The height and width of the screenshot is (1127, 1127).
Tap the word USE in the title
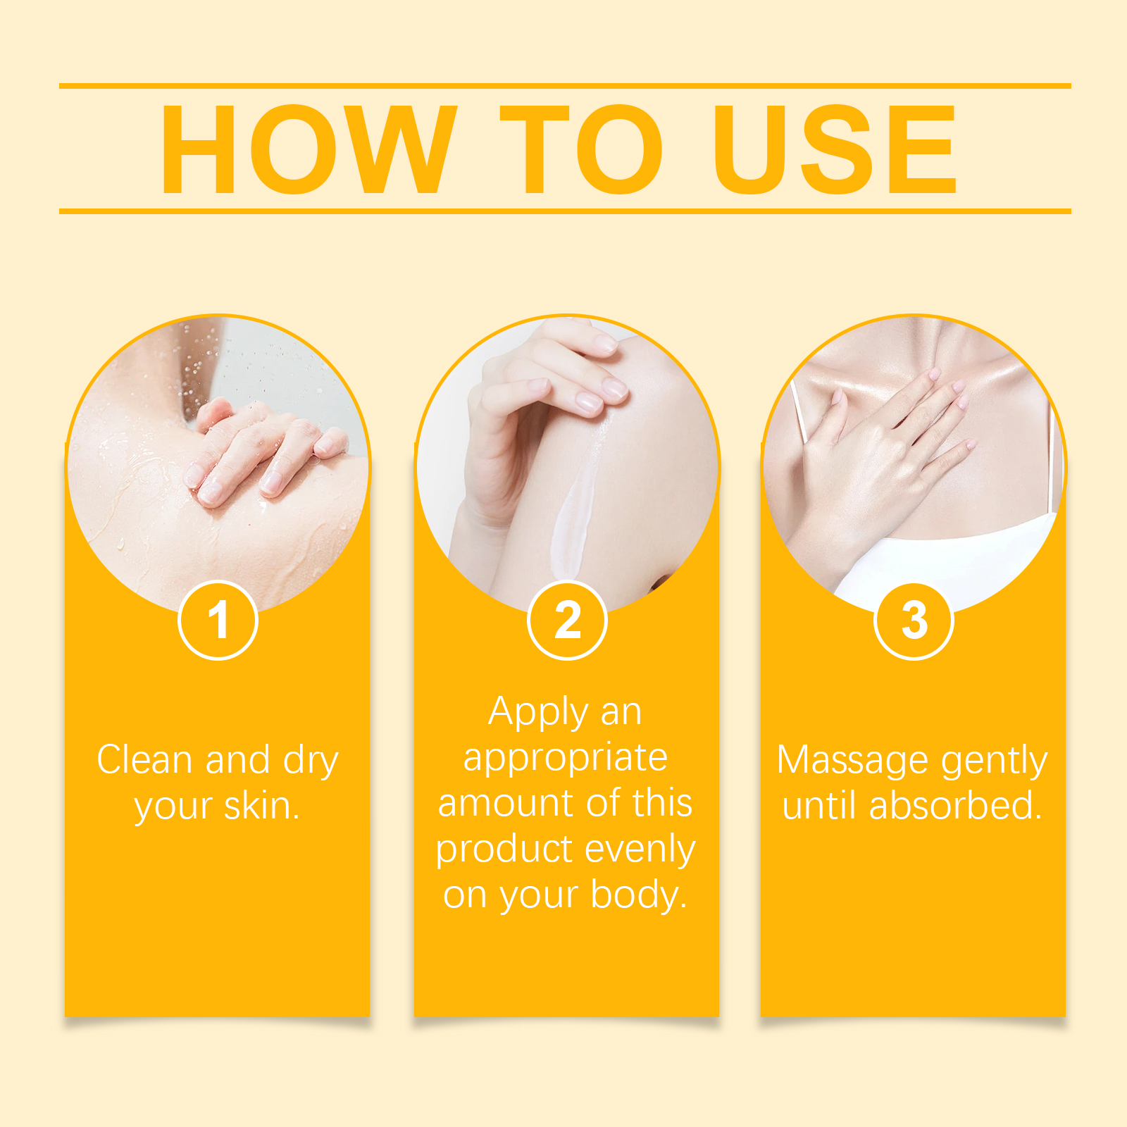(834, 149)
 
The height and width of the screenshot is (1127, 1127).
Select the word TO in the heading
(581, 149)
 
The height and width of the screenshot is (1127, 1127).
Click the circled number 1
(218, 621)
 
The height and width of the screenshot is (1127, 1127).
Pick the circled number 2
(567, 621)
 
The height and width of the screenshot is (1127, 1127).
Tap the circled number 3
(914, 621)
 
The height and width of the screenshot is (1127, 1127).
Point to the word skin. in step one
(262, 806)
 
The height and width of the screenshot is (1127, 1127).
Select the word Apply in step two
(539, 713)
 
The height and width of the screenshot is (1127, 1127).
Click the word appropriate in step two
(565, 759)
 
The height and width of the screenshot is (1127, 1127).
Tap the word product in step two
(504, 849)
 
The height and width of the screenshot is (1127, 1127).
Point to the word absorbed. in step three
(955, 806)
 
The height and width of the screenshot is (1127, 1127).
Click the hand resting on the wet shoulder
(261, 451)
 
